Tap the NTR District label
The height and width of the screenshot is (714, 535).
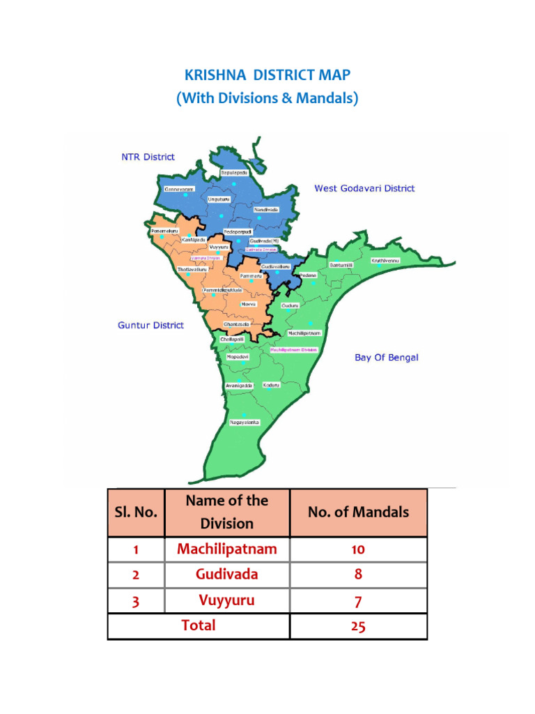pyautogui.click(x=148, y=157)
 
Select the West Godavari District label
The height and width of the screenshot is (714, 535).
pyautogui.click(x=364, y=188)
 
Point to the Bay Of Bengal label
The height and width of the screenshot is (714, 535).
pyautogui.click(x=387, y=358)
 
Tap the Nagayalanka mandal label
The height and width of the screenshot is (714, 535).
pyautogui.click(x=245, y=423)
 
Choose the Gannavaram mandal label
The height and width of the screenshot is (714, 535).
pyautogui.click(x=179, y=188)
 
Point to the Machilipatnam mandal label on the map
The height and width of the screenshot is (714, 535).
pyautogui.click(x=304, y=333)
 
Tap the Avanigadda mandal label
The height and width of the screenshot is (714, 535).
pyautogui.click(x=238, y=385)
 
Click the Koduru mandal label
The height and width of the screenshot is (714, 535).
pyautogui.click(x=272, y=385)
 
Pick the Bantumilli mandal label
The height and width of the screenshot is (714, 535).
pyautogui.click(x=341, y=265)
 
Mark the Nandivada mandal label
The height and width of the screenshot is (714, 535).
pyautogui.click(x=265, y=209)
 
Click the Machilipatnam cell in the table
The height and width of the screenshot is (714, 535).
pyautogui.click(x=226, y=549)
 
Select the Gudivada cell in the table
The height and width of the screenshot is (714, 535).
pyautogui.click(x=226, y=575)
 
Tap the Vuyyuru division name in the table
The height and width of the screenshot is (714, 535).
pyautogui.click(x=226, y=600)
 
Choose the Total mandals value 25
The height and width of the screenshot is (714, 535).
pyautogui.click(x=358, y=626)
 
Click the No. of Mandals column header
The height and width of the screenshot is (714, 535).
pyautogui.click(x=358, y=512)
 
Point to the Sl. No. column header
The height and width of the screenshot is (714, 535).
pyautogui.click(x=136, y=512)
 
